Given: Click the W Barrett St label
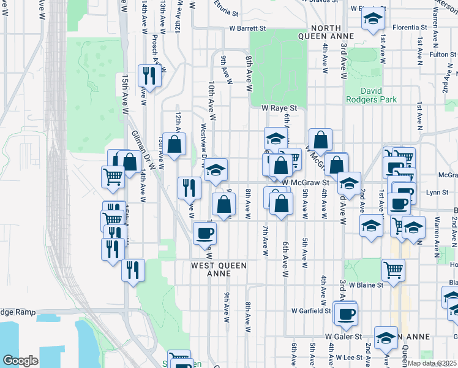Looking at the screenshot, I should click(247, 28).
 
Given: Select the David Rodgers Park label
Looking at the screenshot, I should click(371, 94).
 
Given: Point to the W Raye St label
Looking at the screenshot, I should click(279, 107).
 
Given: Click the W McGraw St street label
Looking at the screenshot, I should click(306, 182).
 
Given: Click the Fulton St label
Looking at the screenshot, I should click(440, 55).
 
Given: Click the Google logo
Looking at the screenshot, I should click(20, 361).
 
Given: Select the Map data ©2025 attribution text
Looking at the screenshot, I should click(432, 363).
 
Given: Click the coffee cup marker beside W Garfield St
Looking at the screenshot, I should click(346, 313).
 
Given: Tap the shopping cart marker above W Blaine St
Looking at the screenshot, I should click(393, 268).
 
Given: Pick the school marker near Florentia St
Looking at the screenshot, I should click(372, 20).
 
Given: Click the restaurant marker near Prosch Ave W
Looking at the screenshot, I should click(149, 75).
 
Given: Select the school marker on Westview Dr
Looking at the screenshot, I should click(216, 169).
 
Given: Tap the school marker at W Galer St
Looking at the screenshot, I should click(386, 337).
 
